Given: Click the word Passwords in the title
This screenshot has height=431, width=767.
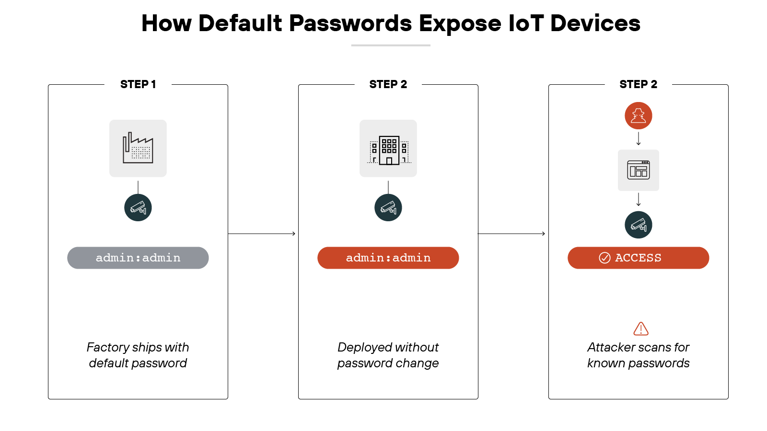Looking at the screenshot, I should click(350, 23).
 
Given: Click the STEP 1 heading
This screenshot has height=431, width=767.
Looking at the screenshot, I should click(138, 84).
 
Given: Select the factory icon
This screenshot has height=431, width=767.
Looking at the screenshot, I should click(138, 148).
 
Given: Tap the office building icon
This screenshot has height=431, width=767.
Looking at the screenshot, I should click(388, 148).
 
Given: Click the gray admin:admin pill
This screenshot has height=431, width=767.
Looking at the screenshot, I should click(138, 258).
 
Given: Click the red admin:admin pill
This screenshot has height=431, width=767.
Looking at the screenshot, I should click(388, 258).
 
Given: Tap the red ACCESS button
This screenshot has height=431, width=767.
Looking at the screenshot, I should click(638, 258).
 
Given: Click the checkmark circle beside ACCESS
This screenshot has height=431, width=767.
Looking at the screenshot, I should click(604, 258).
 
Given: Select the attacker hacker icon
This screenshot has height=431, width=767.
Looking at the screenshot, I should click(638, 116).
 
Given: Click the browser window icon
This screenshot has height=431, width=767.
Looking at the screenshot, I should click(638, 170).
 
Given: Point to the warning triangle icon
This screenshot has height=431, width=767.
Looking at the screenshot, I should click(641, 329).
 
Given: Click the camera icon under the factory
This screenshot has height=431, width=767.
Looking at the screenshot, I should click(138, 207).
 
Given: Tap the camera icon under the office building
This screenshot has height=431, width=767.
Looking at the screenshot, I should click(388, 207).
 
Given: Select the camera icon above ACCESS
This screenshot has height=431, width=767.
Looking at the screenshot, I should click(638, 225).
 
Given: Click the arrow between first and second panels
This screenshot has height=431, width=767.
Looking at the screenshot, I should click(262, 234).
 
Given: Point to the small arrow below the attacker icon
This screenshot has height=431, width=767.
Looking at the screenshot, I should click(638, 139).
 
